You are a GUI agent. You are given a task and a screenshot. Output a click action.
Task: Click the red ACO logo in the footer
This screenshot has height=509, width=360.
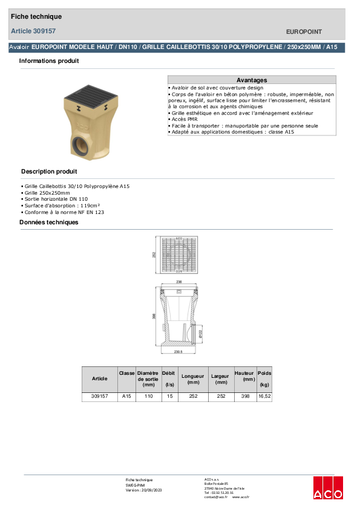tap(328, 487)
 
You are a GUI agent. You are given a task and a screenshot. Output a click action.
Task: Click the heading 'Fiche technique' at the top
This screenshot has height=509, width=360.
tap(36, 16)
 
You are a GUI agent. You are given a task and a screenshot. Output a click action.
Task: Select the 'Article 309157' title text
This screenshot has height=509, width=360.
tap(34, 31)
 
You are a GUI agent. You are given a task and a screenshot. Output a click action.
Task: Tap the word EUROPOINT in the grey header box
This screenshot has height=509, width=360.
tap(303, 31)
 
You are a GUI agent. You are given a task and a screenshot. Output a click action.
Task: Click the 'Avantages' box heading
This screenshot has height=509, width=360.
tap(251, 80)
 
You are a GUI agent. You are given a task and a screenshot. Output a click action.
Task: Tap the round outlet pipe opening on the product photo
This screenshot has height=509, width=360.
tap(81, 147)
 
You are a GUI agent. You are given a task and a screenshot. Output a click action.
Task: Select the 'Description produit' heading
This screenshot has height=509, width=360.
tap(49, 172)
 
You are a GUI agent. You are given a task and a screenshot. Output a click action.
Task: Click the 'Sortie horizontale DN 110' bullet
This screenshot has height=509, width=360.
tap(56, 199)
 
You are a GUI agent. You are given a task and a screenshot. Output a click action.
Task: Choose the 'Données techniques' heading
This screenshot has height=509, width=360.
tap(49, 222)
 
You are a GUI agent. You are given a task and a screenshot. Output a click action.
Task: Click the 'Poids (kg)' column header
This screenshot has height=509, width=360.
tap(264, 379)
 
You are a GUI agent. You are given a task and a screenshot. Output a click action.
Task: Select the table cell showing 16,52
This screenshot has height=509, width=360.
tap(264, 397)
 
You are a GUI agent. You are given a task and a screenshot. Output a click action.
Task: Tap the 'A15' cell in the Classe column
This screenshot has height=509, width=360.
tap(126, 397)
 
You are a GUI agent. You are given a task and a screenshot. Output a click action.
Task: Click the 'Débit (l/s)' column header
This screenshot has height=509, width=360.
tap(169, 379)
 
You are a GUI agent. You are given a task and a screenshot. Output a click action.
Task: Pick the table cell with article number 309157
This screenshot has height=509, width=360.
tap(99, 397)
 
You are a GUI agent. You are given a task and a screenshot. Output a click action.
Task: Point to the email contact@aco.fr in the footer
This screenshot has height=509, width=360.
tap(215, 497)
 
